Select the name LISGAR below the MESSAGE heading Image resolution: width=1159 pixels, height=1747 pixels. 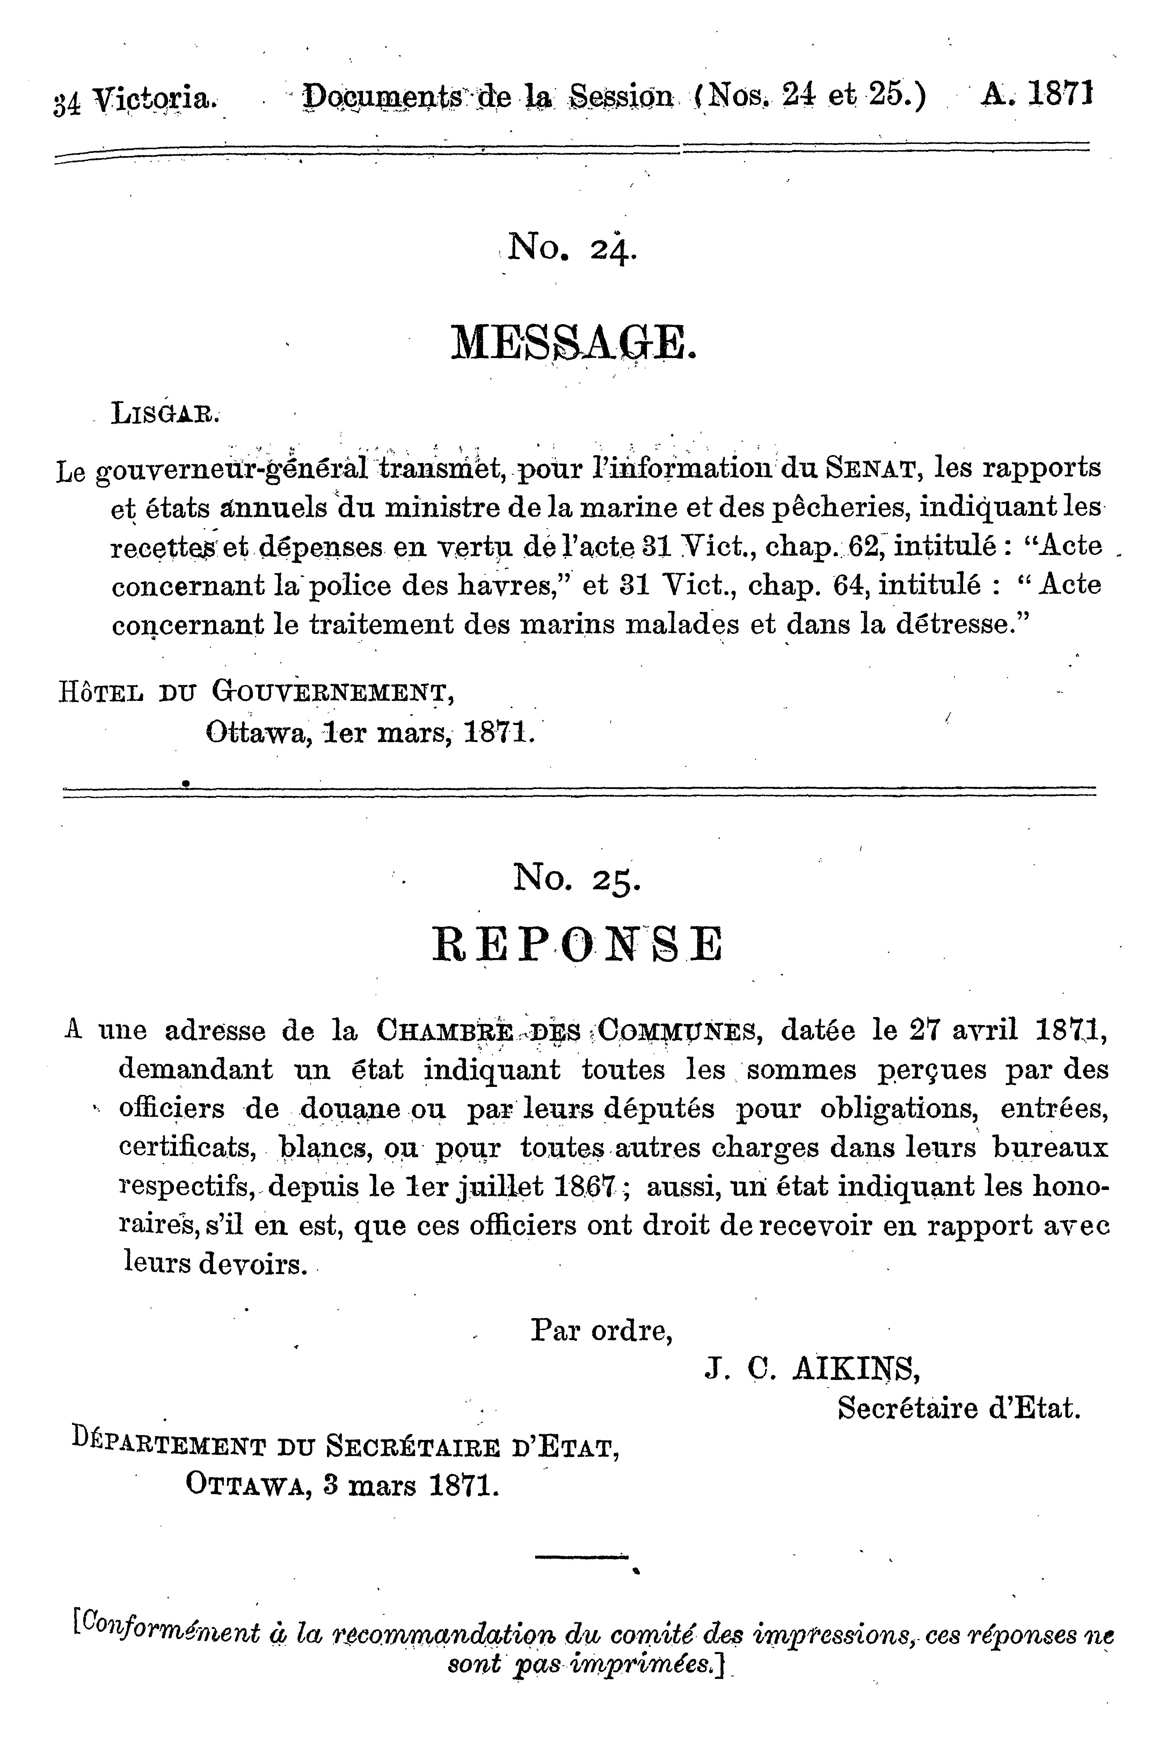166,414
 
